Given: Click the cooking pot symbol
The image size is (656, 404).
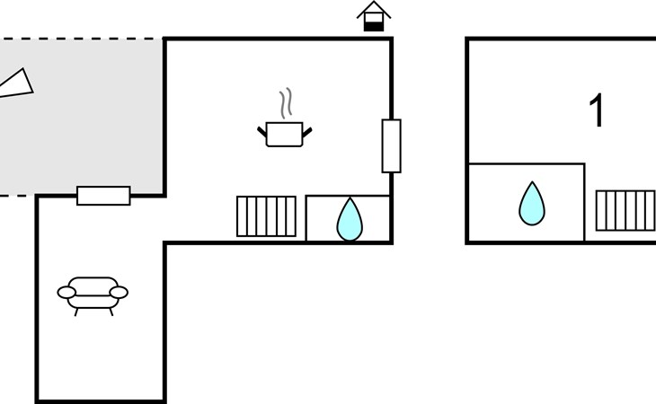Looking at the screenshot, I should click(x=285, y=135).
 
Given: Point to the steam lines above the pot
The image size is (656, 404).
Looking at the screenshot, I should click(x=287, y=104).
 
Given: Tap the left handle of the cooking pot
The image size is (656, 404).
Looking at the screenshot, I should click(x=262, y=133).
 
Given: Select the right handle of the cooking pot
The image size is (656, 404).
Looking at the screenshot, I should click(x=307, y=133).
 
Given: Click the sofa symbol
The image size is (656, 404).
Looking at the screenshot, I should click(x=93, y=294).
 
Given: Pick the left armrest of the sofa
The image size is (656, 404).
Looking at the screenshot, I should click(x=66, y=292).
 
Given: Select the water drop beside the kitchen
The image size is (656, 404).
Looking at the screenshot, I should click(x=349, y=219).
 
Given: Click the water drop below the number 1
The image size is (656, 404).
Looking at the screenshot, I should click(x=531, y=204).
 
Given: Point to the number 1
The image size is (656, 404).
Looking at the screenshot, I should click(x=597, y=111).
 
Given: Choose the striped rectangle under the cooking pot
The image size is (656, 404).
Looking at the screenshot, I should click(x=266, y=216).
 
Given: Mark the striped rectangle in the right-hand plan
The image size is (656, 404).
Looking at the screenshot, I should click(x=625, y=210).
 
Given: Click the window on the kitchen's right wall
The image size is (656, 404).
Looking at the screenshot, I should click(x=391, y=145).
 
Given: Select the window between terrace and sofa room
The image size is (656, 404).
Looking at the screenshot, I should click(x=103, y=195).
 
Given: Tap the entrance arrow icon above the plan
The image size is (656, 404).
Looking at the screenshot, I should click(x=374, y=12).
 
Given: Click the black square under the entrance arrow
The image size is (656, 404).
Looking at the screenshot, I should click(x=373, y=25).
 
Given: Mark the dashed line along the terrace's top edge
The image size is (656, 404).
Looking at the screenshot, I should click(x=81, y=39).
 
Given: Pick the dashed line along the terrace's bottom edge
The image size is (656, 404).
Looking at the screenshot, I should click(x=18, y=195).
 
